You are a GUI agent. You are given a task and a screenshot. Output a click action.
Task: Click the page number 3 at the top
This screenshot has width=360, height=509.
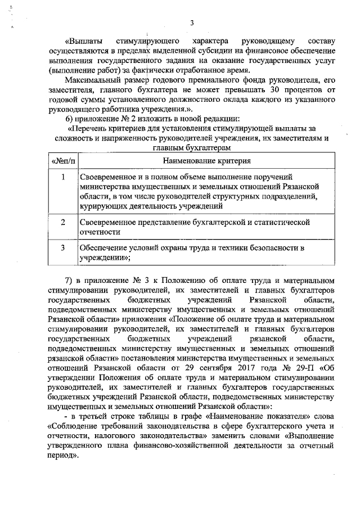191,22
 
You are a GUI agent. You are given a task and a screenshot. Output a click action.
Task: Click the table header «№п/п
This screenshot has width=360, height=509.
64,161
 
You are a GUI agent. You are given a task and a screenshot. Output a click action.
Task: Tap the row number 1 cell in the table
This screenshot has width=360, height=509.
64,177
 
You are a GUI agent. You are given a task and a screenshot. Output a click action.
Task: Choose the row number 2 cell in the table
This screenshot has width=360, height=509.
64,222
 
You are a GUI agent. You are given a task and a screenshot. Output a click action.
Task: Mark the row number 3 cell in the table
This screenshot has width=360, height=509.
64,247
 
